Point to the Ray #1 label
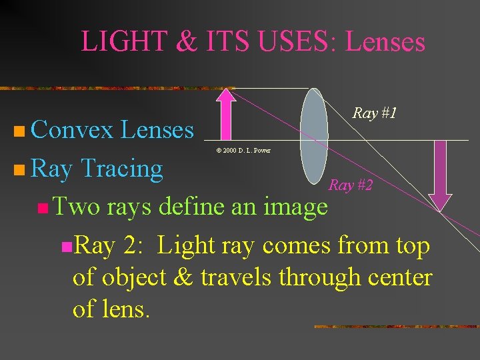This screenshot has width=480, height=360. pos(375,113)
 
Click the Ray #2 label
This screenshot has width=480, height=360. pos(351,185)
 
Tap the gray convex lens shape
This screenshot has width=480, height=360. pos(313,136)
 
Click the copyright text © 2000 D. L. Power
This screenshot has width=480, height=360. pos(243,151)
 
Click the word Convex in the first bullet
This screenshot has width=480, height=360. pos(72,129)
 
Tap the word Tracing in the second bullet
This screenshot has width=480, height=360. pos(121,169)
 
